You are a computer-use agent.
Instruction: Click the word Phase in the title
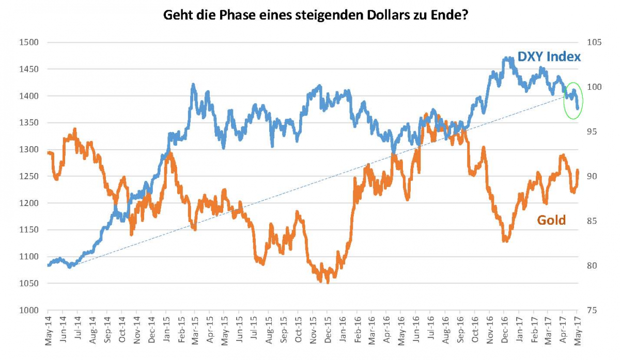coord(243,15)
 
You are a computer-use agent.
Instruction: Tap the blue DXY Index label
coord(550,57)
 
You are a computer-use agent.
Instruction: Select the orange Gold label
coord(551,221)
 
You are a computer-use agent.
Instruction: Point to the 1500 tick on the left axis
coord(29,42)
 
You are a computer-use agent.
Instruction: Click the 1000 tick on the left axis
coord(29,310)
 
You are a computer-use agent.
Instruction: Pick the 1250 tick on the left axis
coord(29,176)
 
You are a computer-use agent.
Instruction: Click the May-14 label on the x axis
coord(48,334)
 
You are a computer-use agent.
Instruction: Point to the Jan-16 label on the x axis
coord(343,334)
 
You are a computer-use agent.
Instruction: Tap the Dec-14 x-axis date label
coord(151,334)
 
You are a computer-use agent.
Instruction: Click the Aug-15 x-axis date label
coord(269,334)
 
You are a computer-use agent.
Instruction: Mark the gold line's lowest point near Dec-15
coord(328,282)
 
